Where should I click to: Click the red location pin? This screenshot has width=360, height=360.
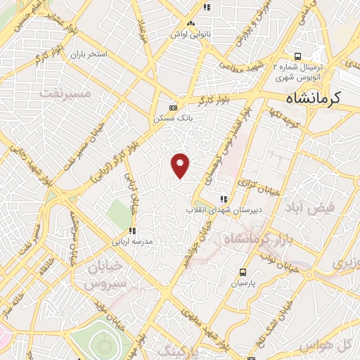[x=181, y=165]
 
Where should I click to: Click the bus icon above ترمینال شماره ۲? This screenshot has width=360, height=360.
[x=298, y=58]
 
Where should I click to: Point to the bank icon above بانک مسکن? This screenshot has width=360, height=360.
[x=173, y=107]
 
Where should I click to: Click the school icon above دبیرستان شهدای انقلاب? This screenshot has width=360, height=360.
[x=224, y=198]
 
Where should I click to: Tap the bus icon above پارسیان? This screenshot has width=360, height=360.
[x=243, y=272]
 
